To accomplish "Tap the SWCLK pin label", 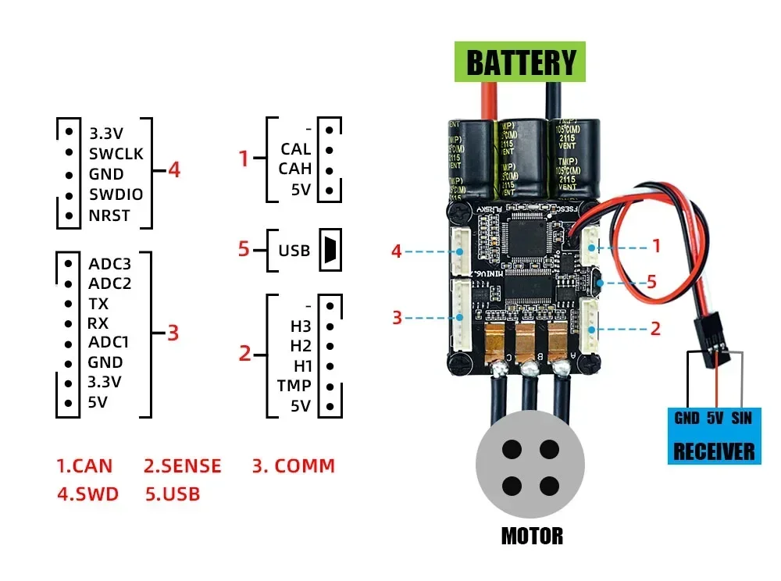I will coord(116,153).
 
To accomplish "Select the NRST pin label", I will coord(109,216).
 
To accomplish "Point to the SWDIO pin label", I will coord(116,194).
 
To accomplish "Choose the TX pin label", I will coord(98,303).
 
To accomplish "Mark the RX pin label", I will coord(98,323).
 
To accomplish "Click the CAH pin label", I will coord(294,169).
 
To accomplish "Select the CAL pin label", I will coord(295,148).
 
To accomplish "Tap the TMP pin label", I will coord(294,385).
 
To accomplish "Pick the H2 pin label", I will coord(301,345).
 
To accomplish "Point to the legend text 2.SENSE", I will coord(183,466).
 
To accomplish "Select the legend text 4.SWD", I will coord(87,494).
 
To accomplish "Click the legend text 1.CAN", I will coord(84,466).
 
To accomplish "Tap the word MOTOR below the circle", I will coord(531,536).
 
